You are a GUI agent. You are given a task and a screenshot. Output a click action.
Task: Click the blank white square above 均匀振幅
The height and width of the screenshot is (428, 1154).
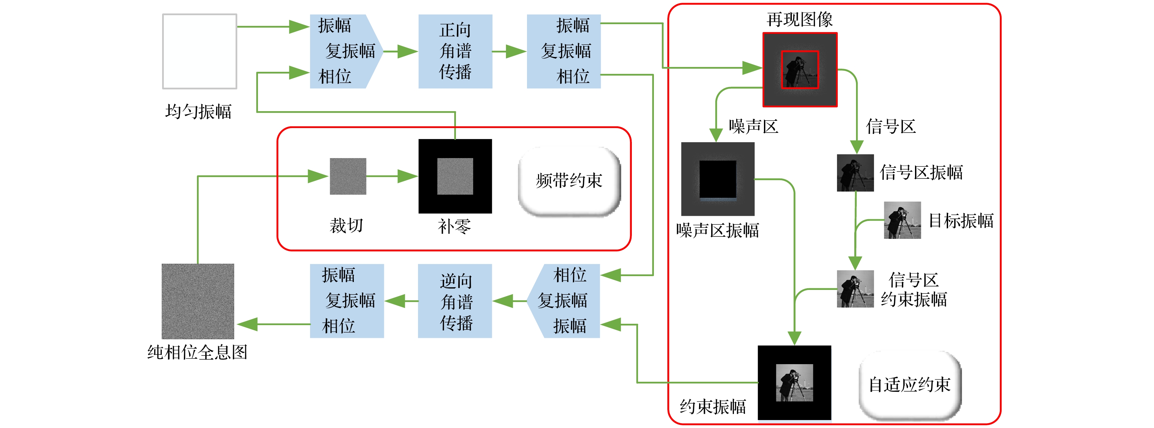[x=199, y=51]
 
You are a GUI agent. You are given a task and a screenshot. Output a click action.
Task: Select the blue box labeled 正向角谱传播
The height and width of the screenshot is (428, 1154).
[x=455, y=51]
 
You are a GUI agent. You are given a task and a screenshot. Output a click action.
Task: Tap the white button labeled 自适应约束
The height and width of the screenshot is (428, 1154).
[x=910, y=385]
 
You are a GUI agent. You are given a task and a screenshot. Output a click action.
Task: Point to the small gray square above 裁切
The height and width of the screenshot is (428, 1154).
[x=348, y=176]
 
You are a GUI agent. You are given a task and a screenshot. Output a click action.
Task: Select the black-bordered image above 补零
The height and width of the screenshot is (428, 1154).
[x=455, y=176]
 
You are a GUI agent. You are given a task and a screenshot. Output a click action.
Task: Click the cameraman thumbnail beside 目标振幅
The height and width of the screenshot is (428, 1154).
[x=902, y=220]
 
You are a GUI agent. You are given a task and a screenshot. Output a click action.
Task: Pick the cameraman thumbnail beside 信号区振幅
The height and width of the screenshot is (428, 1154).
[x=855, y=173]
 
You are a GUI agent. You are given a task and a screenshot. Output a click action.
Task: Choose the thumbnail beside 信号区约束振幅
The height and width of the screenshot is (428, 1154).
[x=855, y=289]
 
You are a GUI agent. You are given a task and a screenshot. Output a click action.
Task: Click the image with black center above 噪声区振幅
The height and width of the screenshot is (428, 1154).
[x=718, y=179]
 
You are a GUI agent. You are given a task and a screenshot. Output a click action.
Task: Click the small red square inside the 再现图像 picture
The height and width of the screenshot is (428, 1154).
[x=800, y=69]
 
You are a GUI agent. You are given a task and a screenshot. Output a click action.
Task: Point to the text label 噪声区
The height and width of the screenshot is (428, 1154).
[x=754, y=126]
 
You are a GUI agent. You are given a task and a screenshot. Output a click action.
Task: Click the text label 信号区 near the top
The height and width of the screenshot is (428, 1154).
[x=891, y=126]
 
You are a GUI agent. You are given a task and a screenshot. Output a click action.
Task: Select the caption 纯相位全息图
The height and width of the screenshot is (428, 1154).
[x=198, y=352]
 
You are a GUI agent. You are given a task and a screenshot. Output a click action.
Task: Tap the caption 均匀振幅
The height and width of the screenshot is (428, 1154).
[x=198, y=111]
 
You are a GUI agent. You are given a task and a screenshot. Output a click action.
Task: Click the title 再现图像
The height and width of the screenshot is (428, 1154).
[x=800, y=19]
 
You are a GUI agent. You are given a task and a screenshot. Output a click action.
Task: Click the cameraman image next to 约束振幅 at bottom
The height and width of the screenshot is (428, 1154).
[x=794, y=383]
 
